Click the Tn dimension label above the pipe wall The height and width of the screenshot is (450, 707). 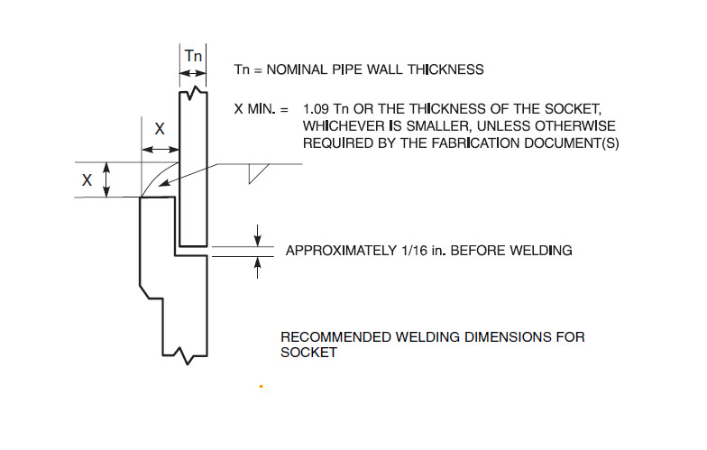click(193, 56)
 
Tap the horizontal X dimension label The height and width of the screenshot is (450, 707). click(160, 129)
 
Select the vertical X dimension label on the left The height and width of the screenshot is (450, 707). click(87, 180)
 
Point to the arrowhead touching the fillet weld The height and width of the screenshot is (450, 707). click(164, 183)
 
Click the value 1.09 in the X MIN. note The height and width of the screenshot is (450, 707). click(316, 109)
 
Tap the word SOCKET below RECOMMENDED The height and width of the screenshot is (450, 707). click(308, 353)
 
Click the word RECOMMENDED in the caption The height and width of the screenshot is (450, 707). click(335, 337)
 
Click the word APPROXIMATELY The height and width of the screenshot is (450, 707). click(341, 251)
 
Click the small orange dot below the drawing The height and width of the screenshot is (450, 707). click(262, 386)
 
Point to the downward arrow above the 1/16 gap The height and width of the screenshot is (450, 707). click(258, 235)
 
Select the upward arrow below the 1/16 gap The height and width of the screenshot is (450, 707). click(258, 267)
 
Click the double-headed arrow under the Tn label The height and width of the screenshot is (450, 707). click(193, 74)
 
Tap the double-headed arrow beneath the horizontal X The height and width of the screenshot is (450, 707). click(161, 150)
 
